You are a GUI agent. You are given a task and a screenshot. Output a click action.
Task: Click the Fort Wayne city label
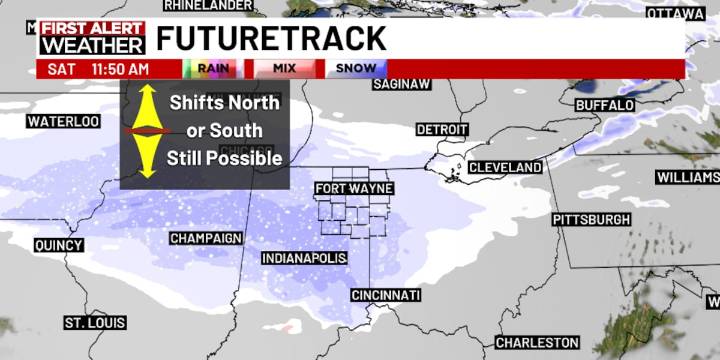click(354, 188)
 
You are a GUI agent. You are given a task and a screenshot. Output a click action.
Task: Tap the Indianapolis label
click(304, 258)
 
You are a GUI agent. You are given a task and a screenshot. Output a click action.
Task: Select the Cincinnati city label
click(386, 295)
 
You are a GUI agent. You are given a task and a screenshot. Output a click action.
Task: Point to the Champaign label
click(206, 238)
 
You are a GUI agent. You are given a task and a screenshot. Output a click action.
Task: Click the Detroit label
click(442, 130)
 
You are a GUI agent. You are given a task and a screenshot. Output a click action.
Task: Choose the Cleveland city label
click(505, 167)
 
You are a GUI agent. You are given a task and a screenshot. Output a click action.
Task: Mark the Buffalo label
click(606, 105)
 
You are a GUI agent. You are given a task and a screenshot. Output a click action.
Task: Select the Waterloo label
click(64, 122)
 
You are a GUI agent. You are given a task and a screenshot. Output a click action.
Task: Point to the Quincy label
click(58, 245)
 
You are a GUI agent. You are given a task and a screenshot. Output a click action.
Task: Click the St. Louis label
click(95, 323)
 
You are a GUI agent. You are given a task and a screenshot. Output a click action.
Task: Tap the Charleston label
click(537, 343)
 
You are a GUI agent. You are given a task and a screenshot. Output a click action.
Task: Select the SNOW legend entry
click(355, 68)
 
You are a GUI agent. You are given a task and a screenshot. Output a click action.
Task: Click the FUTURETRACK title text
click(271, 39)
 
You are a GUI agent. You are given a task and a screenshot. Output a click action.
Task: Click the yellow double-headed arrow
click(148, 131)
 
